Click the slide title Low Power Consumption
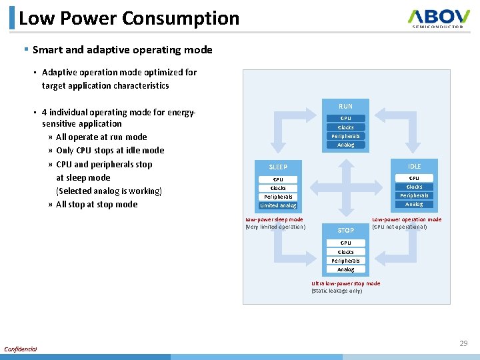(x=129, y=18)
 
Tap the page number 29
(x=463, y=343)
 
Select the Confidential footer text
(x=21, y=349)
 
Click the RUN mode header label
(x=345, y=106)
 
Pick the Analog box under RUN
(x=345, y=145)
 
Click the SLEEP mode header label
(x=277, y=167)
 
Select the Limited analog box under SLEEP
(x=278, y=205)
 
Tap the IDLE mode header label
(x=414, y=166)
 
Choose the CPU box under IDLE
(x=414, y=178)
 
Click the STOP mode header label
(x=345, y=231)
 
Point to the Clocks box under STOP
(x=345, y=252)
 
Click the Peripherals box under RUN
(x=345, y=136)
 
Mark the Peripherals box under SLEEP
(x=278, y=197)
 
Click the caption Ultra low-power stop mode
(x=345, y=283)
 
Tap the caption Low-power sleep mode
(x=274, y=219)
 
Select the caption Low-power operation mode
(x=406, y=219)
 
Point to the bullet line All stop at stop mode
(x=97, y=204)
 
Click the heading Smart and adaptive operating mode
(x=122, y=50)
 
